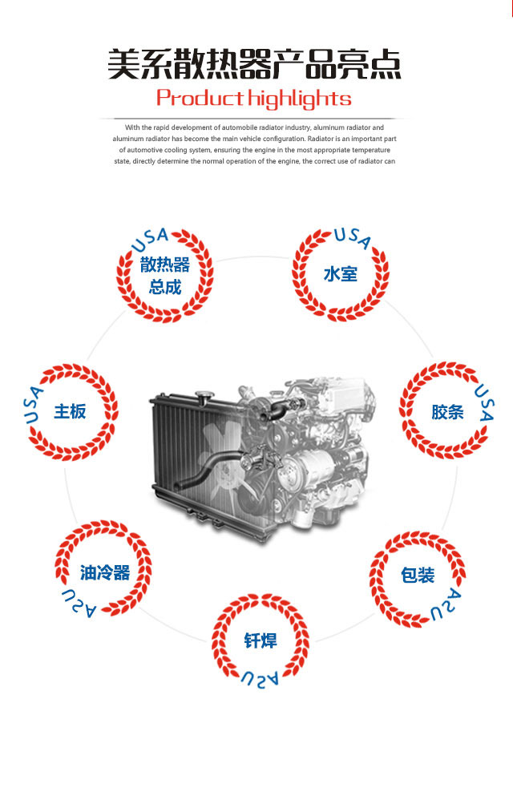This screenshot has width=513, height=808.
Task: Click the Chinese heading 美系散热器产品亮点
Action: click(254, 64)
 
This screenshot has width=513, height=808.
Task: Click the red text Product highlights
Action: click(254, 98)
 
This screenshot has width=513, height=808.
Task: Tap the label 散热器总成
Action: click(165, 275)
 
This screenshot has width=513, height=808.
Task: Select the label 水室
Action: click(340, 273)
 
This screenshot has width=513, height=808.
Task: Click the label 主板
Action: click(70, 412)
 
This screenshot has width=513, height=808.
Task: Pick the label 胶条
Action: click(447, 412)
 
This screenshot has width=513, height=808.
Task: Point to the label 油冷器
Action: click(105, 572)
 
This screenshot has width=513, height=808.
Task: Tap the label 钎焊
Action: click(261, 641)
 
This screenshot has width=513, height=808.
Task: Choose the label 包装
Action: click(418, 575)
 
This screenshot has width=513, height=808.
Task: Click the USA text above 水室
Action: click(353, 237)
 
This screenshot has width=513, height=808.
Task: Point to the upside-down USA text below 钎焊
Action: click(260, 679)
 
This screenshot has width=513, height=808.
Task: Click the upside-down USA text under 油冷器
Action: click(79, 604)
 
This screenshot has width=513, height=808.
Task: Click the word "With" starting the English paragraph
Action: click(132, 127)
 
